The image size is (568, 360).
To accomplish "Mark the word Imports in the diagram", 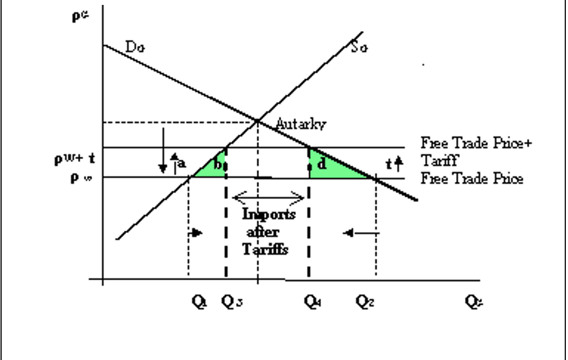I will click(269, 214).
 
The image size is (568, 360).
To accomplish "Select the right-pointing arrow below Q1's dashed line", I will click(196, 233).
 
